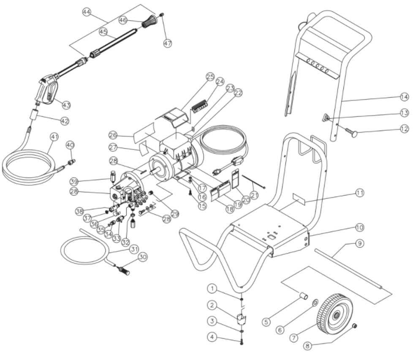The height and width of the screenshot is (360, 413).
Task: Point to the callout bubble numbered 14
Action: (404, 97)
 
